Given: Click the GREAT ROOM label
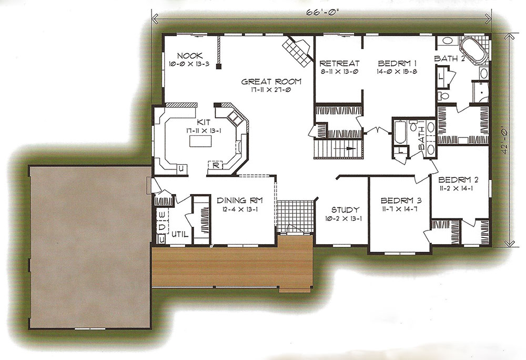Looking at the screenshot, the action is [x=271, y=82].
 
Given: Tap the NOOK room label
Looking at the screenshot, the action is [x=189, y=56].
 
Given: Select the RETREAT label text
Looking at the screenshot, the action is [x=339, y=63].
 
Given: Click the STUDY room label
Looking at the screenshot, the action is [x=345, y=210].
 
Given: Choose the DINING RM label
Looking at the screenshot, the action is [x=239, y=201].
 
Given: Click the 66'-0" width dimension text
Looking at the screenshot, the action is [x=320, y=13].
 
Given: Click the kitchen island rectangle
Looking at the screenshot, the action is [x=200, y=141].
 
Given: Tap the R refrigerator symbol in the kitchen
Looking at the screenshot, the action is [x=216, y=165].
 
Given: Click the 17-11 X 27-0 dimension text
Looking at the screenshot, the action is [x=271, y=90].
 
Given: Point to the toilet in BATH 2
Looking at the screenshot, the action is [x=443, y=96].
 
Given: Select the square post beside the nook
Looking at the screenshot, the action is [x=219, y=66].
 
